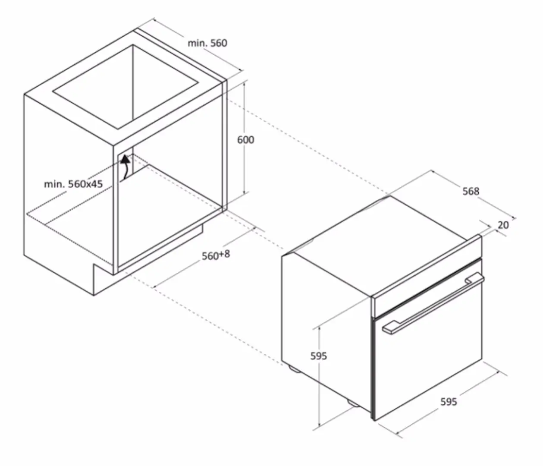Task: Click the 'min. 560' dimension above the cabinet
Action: pyautogui.click(x=207, y=43)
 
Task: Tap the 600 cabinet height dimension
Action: pyautogui.click(x=246, y=140)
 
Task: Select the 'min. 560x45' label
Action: pyautogui.click(x=73, y=184)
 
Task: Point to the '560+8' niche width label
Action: pyautogui.click(x=216, y=255)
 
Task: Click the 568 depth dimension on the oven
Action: pyautogui.click(x=471, y=191)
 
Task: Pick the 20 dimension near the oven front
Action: pyautogui.click(x=503, y=225)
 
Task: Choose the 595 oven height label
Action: pyautogui.click(x=319, y=356)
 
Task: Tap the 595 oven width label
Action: pyautogui.click(x=449, y=402)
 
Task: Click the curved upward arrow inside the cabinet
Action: pyautogui.click(x=126, y=167)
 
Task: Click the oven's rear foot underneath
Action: pyautogui.click(x=295, y=368)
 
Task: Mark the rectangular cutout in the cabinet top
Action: pyautogui.click(x=126, y=87)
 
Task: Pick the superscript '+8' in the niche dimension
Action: pyautogui.click(x=224, y=253)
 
